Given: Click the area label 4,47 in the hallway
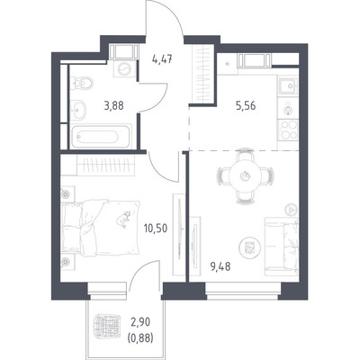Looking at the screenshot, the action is tap(162, 59).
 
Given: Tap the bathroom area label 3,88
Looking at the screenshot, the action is tap(113, 105).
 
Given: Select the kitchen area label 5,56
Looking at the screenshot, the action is tap(246, 105).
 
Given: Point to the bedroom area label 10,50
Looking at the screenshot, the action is tap(156, 229).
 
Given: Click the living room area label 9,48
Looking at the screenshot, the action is tap(220, 266).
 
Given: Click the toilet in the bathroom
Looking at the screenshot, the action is tap(82, 83).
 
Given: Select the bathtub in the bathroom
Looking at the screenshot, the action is tap(101, 137).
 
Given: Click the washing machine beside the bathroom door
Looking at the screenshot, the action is tap(123, 70).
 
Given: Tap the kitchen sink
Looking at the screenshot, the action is tap(288, 86).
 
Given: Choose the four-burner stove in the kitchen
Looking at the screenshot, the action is tap(288, 130).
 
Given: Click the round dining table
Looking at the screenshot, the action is tap(245, 176).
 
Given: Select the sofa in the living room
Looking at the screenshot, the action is tap(282, 247).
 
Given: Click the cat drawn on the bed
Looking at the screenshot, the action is tap(123, 219).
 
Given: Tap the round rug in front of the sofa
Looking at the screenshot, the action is tap(249, 247).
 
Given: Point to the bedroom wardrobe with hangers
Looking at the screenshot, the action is tap(105, 166).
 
